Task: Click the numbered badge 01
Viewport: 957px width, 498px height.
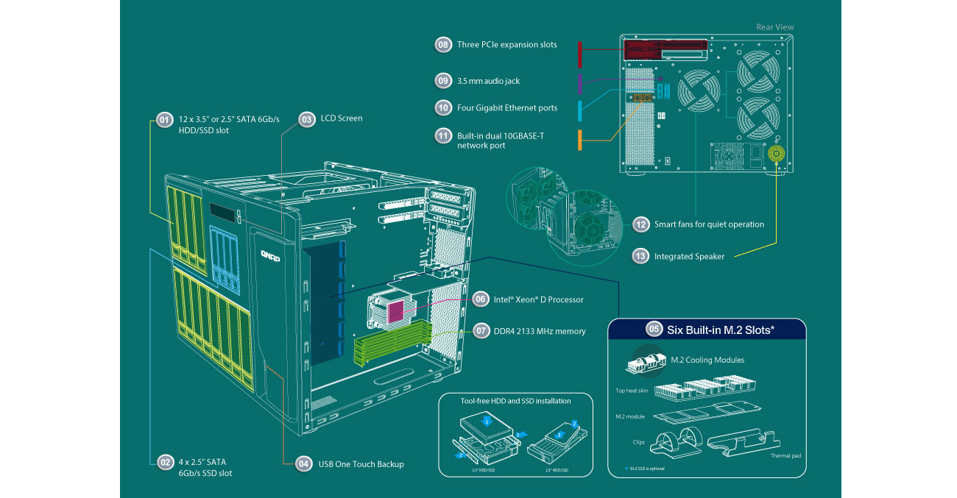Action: pyautogui.click(x=163, y=120)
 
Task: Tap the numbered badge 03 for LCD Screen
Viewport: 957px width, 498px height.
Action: pyautogui.click(x=306, y=118)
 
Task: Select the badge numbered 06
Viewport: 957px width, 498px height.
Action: pyautogui.click(x=480, y=299)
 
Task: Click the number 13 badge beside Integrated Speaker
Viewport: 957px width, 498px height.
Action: pyautogui.click(x=640, y=256)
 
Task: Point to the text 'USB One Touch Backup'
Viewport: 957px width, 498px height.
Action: pyautogui.click(x=361, y=464)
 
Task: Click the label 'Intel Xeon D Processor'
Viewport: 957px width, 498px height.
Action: pyautogui.click(x=538, y=299)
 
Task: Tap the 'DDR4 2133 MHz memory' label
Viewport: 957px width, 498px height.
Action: pyautogui.click(x=540, y=331)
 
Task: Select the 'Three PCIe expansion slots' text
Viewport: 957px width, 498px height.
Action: pyautogui.click(x=506, y=45)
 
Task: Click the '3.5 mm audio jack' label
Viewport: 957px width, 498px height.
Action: pyautogui.click(x=488, y=80)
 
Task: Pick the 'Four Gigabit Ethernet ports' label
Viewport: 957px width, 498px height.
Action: pyautogui.click(x=506, y=108)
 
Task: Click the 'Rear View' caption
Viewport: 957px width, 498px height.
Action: pyautogui.click(x=775, y=27)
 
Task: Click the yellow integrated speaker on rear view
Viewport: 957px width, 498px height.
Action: pyautogui.click(x=776, y=154)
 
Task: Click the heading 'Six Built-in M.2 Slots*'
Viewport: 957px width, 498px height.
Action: pyautogui.click(x=720, y=330)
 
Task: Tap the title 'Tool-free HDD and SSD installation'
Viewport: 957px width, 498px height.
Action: pyautogui.click(x=515, y=401)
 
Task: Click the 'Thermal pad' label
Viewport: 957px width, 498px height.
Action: pyautogui.click(x=785, y=456)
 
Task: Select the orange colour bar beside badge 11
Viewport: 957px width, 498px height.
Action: pyautogui.click(x=580, y=140)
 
